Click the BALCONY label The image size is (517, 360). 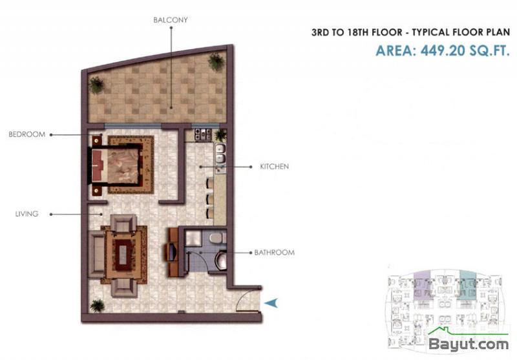[x=171, y=20]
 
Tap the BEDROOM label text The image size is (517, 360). [x=27, y=134]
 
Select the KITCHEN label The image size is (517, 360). [x=274, y=167]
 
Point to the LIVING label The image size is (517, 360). [x=26, y=214]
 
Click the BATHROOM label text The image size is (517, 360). [x=274, y=253]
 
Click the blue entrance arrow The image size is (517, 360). [x=271, y=303]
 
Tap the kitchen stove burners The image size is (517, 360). [x=203, y=134]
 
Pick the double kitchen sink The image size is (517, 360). [x=220, y=154]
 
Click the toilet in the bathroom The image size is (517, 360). [x=220, y=260]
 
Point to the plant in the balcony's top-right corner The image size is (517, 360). [x=216, y=61]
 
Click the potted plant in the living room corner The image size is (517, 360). [x=98, y=305]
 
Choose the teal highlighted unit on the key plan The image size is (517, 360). [x=468, y=286]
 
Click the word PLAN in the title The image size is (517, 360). [x=498, y=32]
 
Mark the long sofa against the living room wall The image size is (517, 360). [x=96, y=254]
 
